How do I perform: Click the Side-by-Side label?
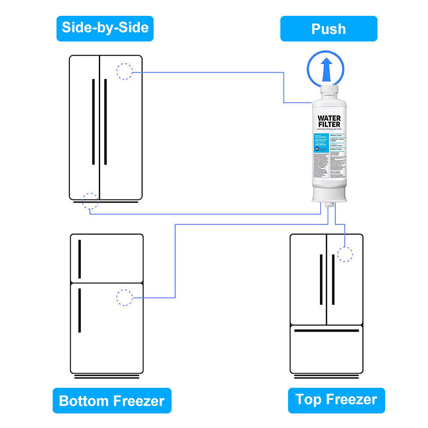point(105,28)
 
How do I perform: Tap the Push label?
point(329,29)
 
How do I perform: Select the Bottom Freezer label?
point(112,401)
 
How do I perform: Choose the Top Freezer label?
point(336,400)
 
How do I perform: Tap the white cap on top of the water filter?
point(329,91)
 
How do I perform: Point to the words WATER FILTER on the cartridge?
point(329,121)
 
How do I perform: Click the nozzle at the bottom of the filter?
point(329,206)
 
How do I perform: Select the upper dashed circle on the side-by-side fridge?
point(125,71)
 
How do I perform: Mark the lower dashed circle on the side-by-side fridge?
point(90,200)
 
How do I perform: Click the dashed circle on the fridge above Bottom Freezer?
point(125,297)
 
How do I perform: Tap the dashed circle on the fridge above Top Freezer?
point(345,254)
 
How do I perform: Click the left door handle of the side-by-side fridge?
point(93,122)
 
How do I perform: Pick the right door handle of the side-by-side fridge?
point(106,122)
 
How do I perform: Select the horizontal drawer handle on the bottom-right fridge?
point(327,330)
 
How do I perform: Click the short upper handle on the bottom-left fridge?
point(80,259)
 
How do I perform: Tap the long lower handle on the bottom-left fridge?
point(80,310)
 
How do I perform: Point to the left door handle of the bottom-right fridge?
point(321,279)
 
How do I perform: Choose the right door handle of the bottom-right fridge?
point(333,279)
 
